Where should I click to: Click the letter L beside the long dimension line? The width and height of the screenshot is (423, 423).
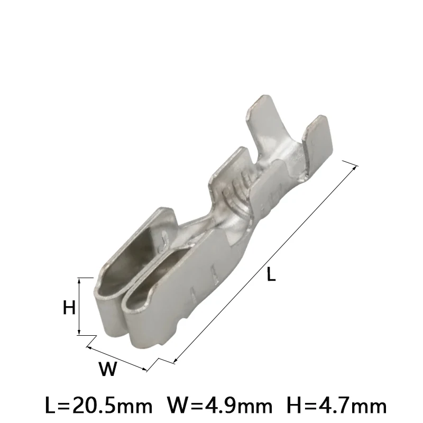(x=271, y=275)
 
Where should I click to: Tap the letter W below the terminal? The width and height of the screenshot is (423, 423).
(x=108, y=369)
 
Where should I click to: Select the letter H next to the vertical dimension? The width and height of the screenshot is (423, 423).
(x=69, y=307)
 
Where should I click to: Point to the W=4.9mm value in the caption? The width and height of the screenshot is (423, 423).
(x=219, y=406)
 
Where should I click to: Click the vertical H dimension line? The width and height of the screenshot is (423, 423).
(x=79, y=307)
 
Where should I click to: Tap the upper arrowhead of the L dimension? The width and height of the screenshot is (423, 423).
(x=355, y=166)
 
